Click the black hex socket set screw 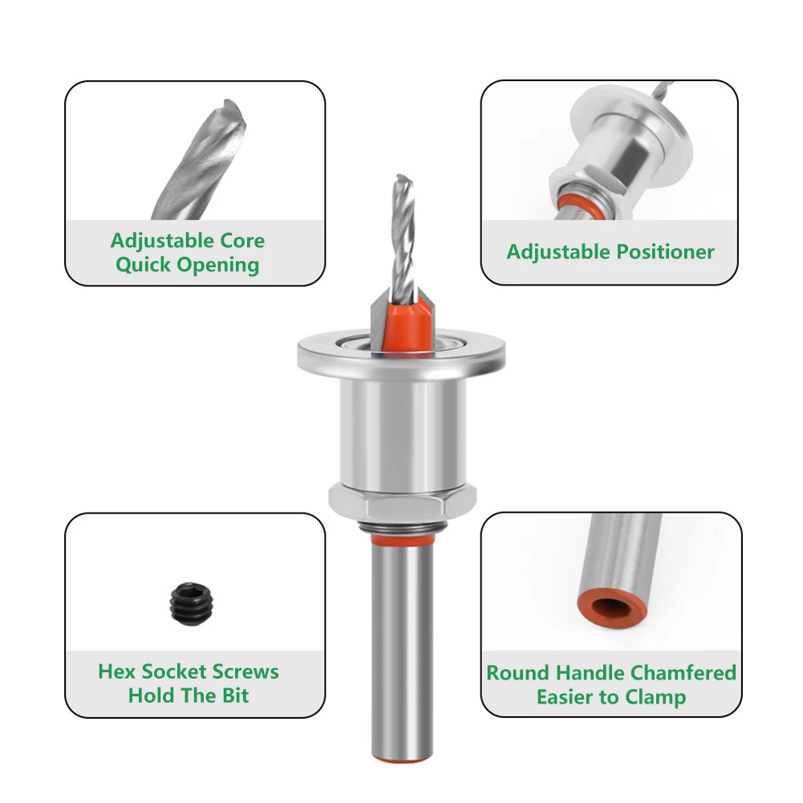click(x=191, y=603)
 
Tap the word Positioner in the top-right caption click(x=665, y=252)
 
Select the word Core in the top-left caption click(x=241, y=241)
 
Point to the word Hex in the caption click(x=117, y=671)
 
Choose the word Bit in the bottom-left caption click(x=235, y=696)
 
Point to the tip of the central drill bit click(x=403, y=176)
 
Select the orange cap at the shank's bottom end click(x=403, y=759)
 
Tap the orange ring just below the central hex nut click(x=403, y=539)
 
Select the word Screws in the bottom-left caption click(x=245, y=671)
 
